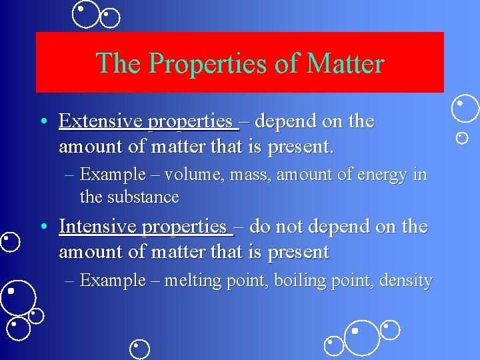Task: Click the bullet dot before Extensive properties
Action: coord(43,122)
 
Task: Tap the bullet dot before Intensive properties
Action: coord(43,227)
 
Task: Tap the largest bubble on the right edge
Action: coord(465,109)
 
